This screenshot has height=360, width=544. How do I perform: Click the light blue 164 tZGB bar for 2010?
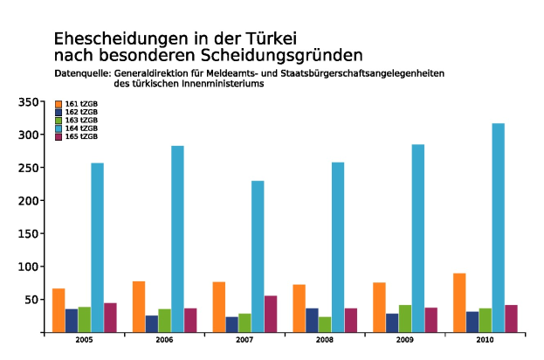(498, 227)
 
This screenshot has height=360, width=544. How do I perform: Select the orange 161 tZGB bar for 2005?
(59, 310)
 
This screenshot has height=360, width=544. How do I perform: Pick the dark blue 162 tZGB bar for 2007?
(231, 324)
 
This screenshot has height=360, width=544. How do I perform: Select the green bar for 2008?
(325, 324)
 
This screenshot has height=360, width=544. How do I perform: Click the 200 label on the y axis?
(28, 201)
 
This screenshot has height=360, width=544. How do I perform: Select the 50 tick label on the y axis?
(31, 300)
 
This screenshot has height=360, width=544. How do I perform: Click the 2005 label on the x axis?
(84, 338)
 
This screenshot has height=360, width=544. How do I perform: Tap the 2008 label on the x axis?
(325, 338)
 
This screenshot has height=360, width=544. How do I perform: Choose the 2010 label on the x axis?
(485, 338)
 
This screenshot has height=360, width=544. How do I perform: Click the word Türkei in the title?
(268, 39)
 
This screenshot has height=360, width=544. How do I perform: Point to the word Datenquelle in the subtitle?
(82, 74)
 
